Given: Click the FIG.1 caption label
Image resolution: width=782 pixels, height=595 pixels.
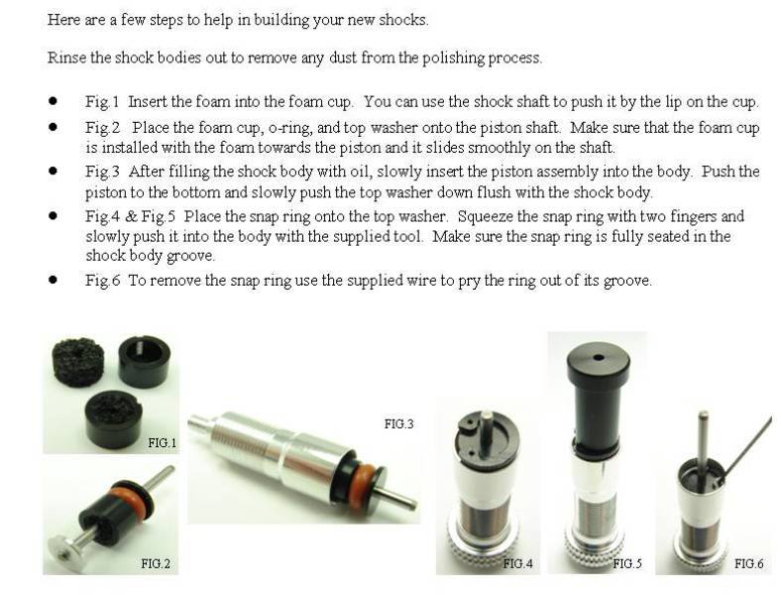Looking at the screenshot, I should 161,442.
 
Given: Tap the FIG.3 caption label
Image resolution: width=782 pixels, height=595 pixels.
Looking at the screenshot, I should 398,423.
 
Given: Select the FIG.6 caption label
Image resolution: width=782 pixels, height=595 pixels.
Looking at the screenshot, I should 748,563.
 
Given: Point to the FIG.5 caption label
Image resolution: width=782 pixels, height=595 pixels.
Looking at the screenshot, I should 627,563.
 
